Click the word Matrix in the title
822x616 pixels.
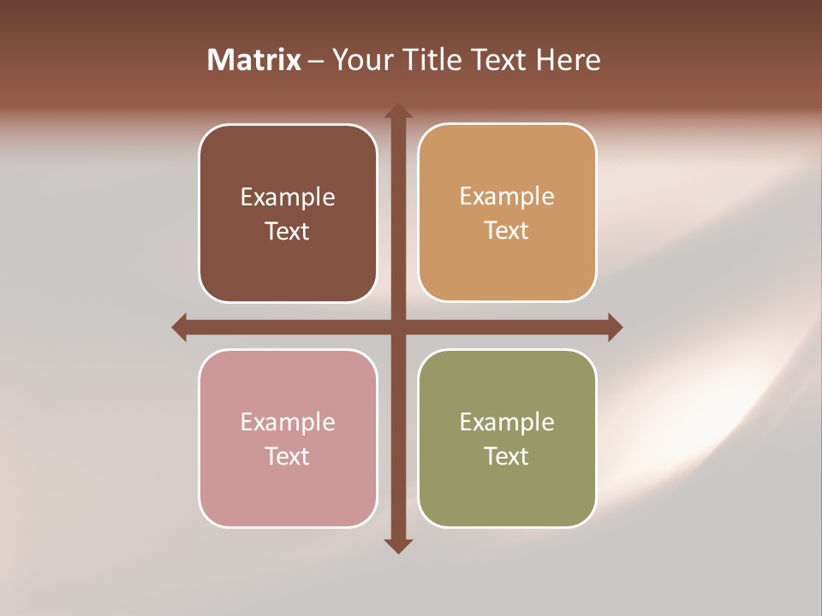(254, 60)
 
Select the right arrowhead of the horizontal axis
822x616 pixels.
(614, 327)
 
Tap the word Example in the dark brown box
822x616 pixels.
(288, 198)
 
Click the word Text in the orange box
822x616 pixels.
(507, 231)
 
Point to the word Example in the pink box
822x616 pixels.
(288, 423)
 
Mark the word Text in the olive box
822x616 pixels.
(507, 457)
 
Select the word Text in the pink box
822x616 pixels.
(288, 457)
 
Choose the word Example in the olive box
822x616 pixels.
(507, 423)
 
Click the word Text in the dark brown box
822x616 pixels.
(288, 232)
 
